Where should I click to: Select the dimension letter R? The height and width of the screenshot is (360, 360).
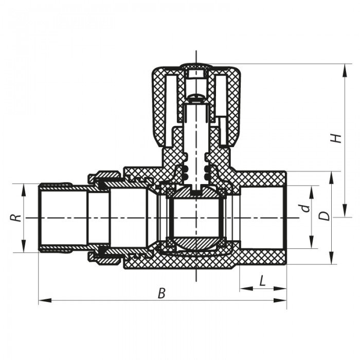pyautogui.click(x=16, y=218)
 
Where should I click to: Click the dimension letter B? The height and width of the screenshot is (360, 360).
pyautogui.click(x=161, y=294)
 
